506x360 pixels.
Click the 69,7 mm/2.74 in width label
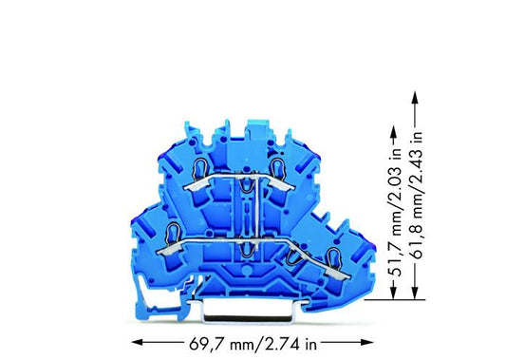coord(253,344)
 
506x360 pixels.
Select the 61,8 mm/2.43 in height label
coord(417,196)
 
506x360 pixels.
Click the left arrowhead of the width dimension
coord(137,342)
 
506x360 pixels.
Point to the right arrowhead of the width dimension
coord(368,342)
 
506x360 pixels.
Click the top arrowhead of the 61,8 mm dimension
coord(415,96)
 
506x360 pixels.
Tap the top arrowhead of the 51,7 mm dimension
coord(393,130)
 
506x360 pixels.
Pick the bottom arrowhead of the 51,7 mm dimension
coord(393,294)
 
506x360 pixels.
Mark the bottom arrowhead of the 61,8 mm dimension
coord(415,294)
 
